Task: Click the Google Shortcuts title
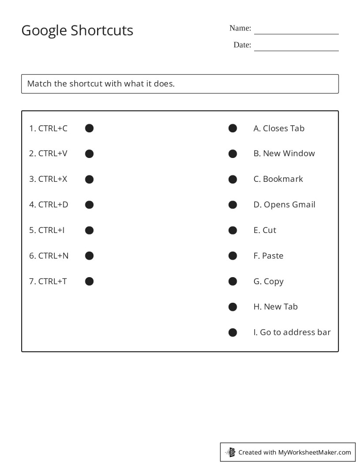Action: (77, 30)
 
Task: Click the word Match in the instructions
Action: (39, 83)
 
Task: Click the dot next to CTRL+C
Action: (89, 128)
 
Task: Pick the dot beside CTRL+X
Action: (89, 179)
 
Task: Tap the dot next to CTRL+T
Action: (89, 282)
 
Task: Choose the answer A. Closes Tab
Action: (279, 128)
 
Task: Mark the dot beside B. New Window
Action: (232, 154)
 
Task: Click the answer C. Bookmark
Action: (278, 179)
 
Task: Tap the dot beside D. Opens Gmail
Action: (232, 205)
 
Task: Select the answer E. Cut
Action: (265, 230)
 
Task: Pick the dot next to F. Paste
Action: (232, 256)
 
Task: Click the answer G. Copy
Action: (268, 282)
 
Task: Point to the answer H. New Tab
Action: (275, 307)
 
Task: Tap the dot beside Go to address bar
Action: (232, 332)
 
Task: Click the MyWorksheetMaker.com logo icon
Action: (230, 452)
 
